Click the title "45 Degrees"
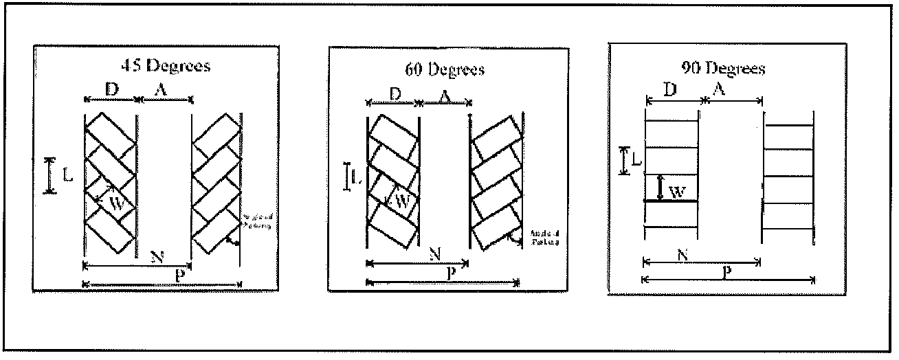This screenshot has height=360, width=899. click(166, 66)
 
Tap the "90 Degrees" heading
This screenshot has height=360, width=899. click(726, 68)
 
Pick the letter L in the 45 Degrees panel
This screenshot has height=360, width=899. click(67, 176)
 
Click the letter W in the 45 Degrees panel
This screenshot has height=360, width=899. click(118, 203)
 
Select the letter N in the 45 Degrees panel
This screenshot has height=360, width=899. click(157, 257)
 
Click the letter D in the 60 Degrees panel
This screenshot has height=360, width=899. click(395, 94)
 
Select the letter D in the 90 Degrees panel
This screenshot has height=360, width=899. click(672, 90)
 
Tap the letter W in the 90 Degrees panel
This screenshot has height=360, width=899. click(676, 193)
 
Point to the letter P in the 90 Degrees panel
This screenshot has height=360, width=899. click(726, 271)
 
